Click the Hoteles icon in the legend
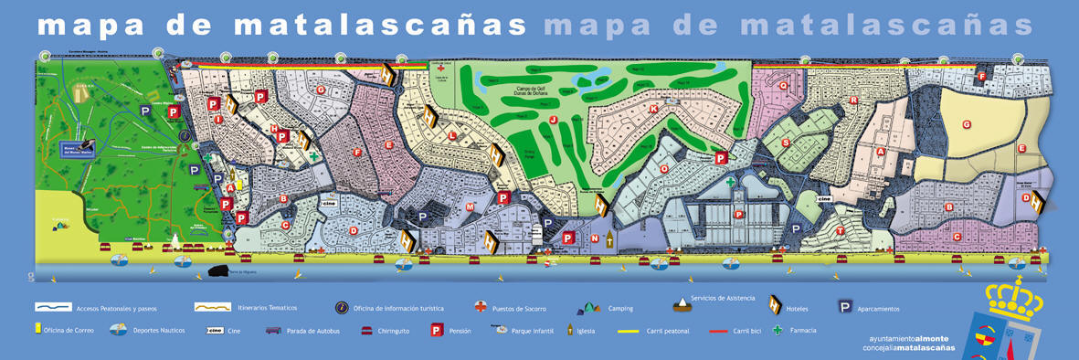pos(777,307)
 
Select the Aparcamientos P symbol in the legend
pos(845,308)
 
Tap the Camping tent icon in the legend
pos(587,308)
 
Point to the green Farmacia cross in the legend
pos(778,330)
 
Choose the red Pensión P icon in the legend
pos(437,330)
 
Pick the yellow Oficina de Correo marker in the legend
pos(37,329)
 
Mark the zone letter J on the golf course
pos(553,119)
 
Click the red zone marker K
pos(653,110)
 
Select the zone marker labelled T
pos(840,231)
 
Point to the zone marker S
pos(785,143)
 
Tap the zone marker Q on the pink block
pos(783,85)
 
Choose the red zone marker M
pos(470,207)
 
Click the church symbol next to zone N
pos(609,240)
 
